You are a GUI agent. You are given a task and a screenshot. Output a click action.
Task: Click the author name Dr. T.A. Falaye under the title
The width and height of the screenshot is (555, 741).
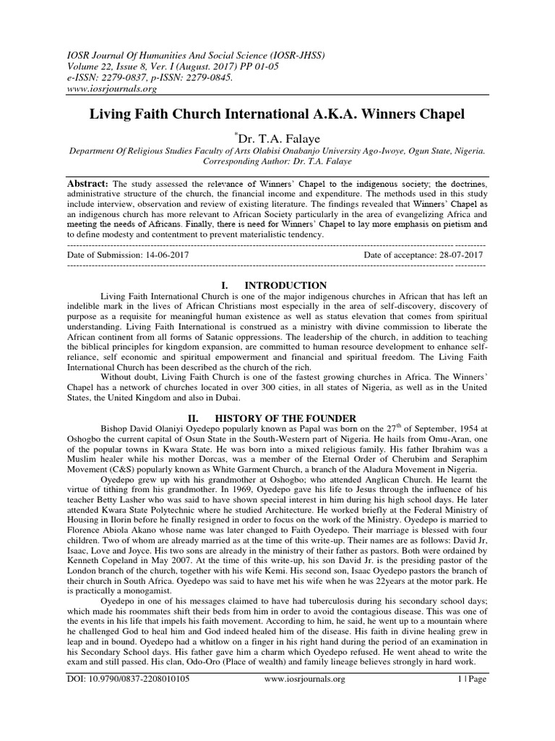(x=279, y=137)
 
